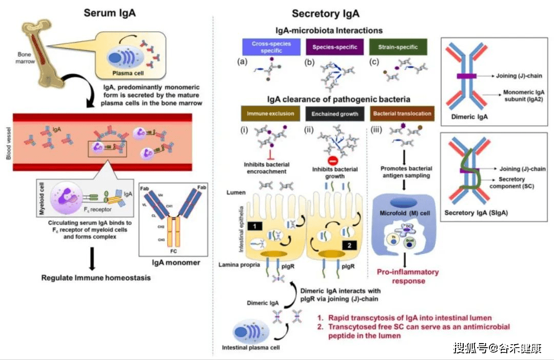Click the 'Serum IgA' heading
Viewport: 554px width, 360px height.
(x=110, y=13)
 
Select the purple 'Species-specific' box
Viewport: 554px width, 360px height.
(x=335, y=48)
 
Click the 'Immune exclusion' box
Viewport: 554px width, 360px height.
(x=270, y=113)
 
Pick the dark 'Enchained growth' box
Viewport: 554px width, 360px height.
(x=335, y=113)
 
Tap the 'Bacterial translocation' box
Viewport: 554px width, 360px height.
(x=402, y=113)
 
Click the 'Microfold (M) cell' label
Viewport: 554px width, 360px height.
(x=405, y=213)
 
